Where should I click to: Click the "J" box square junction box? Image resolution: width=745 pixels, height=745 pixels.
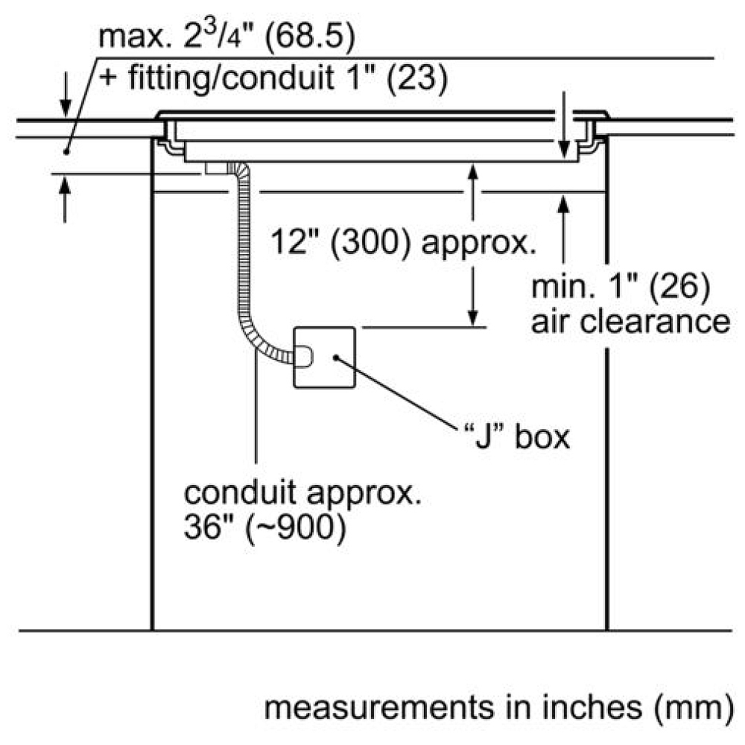(325, 358)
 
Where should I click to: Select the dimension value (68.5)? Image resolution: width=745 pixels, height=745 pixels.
(310, 37)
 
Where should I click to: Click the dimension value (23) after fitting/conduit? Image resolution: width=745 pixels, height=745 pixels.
(417, 77)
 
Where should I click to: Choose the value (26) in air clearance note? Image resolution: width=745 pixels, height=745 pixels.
(680, 288)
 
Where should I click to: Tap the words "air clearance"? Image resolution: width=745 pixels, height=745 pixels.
(630, 322)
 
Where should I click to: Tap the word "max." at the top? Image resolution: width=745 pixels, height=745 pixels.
(134, 38)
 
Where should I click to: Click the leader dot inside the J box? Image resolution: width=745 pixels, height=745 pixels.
(336, 358)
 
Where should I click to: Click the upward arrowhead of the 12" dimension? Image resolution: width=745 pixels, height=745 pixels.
(472, 171)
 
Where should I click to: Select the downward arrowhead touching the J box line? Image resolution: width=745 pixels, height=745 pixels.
(472, 318)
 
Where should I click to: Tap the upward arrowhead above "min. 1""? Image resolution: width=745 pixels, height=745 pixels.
(563, 204)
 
